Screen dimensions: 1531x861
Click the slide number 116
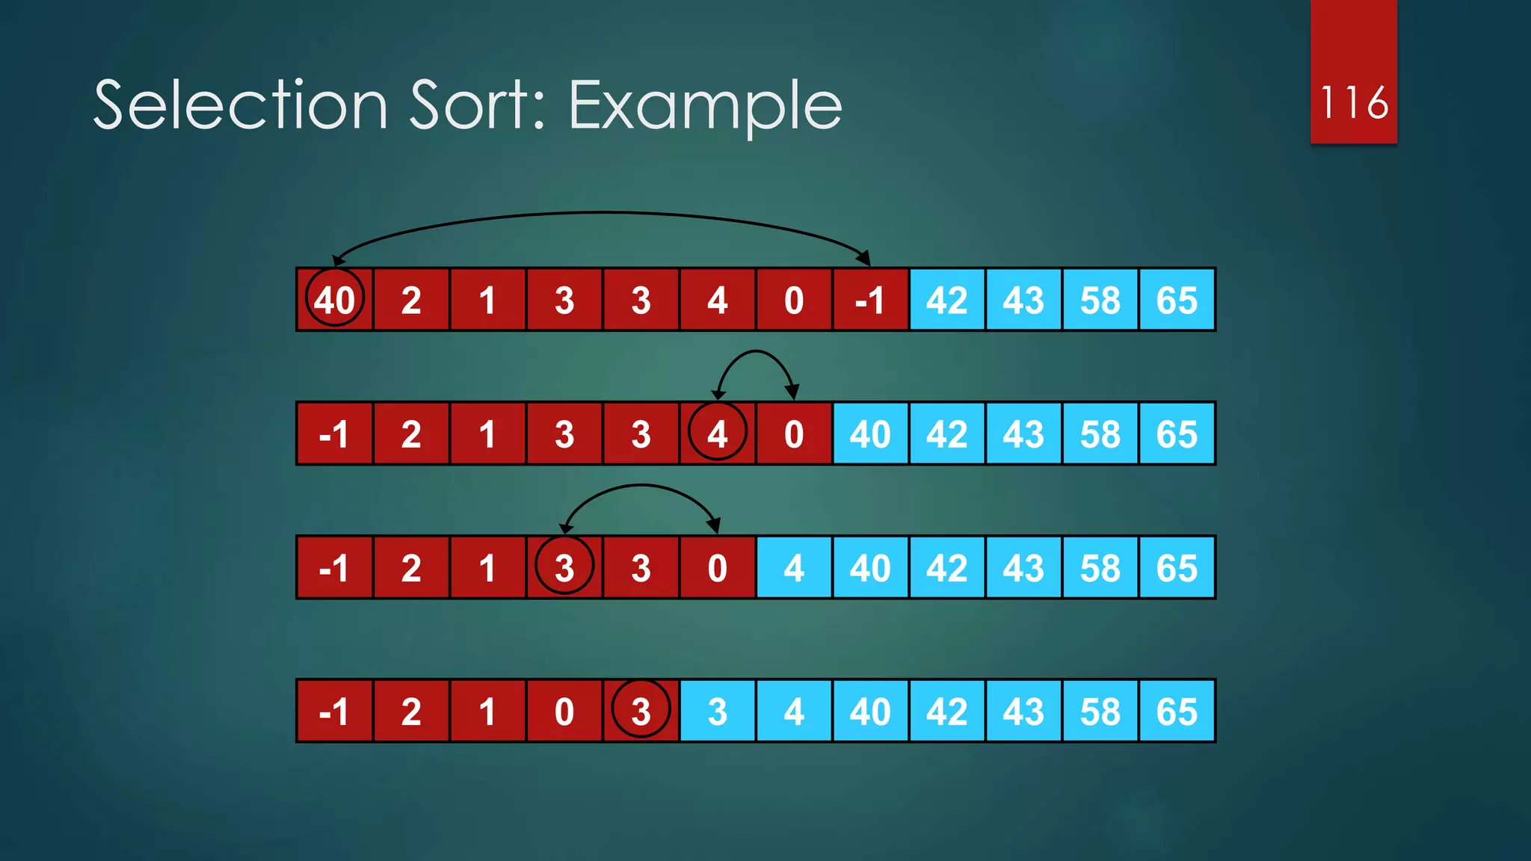tap(1354, 102)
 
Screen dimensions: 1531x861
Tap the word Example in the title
tap(705, 107)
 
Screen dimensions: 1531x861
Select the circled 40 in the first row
tap(334, 300)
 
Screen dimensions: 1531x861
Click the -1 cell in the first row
tap(870, 300)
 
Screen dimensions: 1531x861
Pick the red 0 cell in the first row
tap(793, 300)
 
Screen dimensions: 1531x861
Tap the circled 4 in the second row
tap(717, 433)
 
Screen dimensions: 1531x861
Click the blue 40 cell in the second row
tap(870, 433)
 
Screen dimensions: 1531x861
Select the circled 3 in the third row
tap(564, 567)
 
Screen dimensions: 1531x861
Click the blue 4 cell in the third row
tap(793, 567)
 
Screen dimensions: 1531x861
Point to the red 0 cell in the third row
tap(717, 567)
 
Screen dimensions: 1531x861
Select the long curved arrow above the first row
tap(602, 214)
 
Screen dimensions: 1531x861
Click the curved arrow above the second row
tap(756, 352)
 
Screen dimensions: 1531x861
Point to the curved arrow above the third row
tap(641, 486)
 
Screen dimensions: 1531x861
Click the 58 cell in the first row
tap(1100, 300)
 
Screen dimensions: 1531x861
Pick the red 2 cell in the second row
tap(411, 433)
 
